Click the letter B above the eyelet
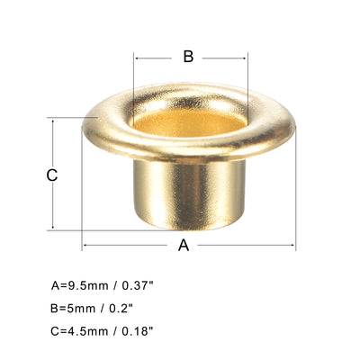tap(188, 57)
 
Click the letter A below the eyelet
tap(184, 246)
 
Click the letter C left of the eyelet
tap(52, 175)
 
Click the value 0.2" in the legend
tap(125, 308)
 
